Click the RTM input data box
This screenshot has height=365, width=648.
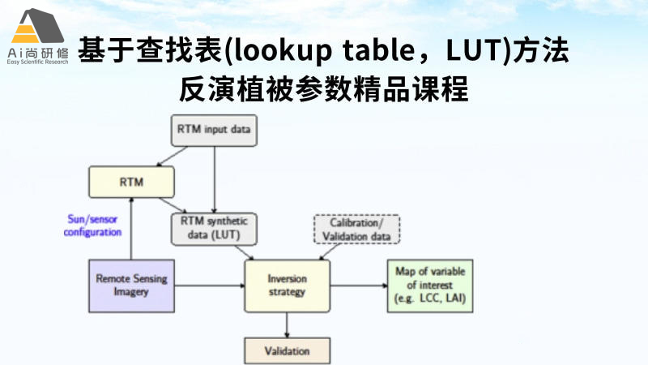pyautogui.click(x=213, y=130)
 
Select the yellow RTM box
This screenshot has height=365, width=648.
pyautogui.click(x=131, y=181)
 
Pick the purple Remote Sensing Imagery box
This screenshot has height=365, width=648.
pyautogui.click(x=132, y=285)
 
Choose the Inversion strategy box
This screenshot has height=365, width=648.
pyautogui.click(x=287, y=285)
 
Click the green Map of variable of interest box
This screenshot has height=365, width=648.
pyautogui.click(x=429, y=285)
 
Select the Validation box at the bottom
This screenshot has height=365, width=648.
pyautogui.click(x=287, y=352)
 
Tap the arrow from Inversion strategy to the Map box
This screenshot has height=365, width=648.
pyautogui.click(x=357, y=285)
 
